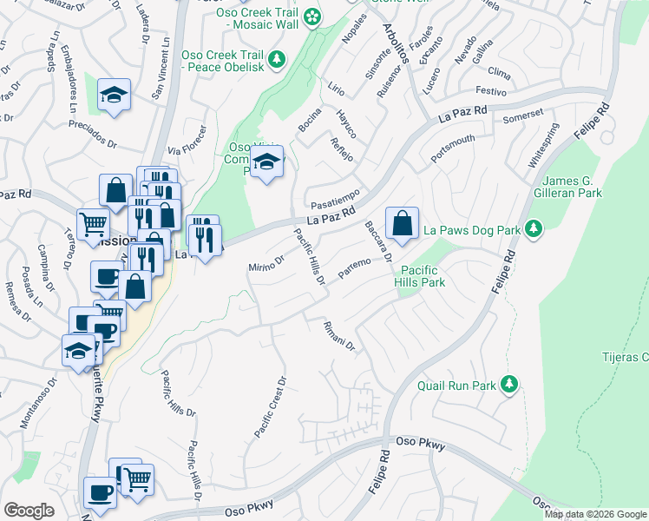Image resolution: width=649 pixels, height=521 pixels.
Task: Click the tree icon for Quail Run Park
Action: (x=509, y=384)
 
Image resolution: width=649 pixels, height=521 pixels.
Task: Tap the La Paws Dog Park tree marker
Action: (x=534, y=229)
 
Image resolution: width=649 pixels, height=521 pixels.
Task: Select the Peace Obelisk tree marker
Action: (x=277, y=59)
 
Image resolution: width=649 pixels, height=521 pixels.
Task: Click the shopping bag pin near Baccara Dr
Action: (x=402, y=224)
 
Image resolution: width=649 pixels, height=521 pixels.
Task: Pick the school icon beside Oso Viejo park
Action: (x=267, y=162)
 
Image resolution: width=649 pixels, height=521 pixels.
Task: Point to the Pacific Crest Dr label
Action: (x=270, y=406)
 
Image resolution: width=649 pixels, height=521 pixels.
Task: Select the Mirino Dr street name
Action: (x=266, y=263)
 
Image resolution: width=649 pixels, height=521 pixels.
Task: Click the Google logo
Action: (x=29, y=511)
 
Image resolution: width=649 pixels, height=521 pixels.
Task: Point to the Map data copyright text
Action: (x=595, y=514)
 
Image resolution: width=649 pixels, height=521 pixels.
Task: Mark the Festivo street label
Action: (x=490, y=90)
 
